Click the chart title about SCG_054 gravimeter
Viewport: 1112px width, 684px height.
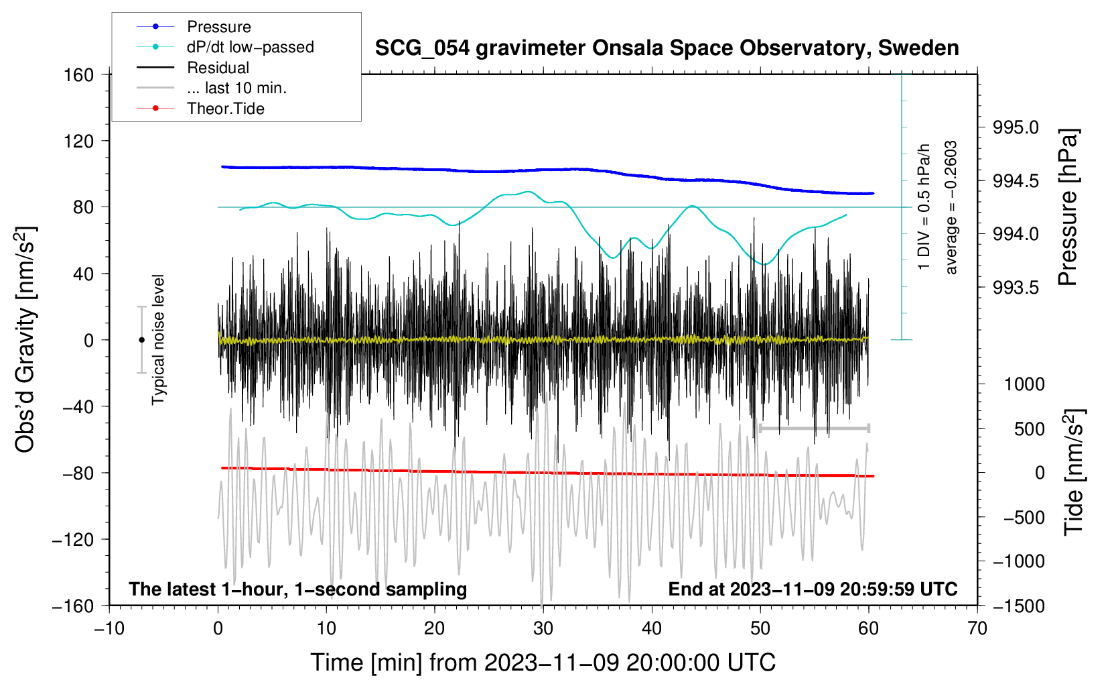(667, 48)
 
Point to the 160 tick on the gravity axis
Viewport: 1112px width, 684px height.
(79, 75)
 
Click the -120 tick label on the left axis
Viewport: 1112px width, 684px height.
(73, 539)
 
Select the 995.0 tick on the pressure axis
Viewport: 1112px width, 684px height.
(1016, 127)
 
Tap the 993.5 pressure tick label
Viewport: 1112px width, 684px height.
(1016, 287)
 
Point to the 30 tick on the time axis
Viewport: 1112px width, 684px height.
(543, 629)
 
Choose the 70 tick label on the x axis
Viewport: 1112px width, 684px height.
(977, 629)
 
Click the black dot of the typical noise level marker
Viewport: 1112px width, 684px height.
(141, 340)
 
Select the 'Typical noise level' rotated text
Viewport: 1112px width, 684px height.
(158, 340)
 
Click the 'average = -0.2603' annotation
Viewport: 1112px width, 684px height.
(951, 207)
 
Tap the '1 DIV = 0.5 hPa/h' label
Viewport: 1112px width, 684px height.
(923, 207)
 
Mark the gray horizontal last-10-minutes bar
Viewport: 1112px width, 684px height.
(815, 428)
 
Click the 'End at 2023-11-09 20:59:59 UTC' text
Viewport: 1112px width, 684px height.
(813, 589)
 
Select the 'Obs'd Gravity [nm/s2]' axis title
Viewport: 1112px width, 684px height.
(25, 340)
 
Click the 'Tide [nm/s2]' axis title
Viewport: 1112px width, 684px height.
(1074, 472)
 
